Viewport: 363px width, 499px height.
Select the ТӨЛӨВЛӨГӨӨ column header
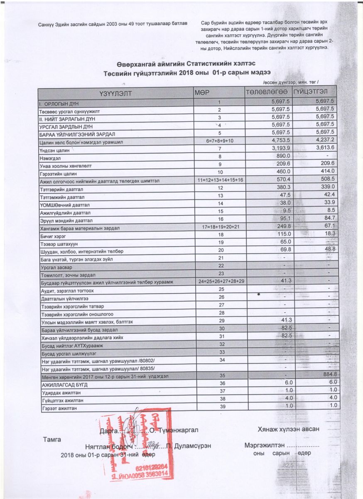pyautogui.click(x=267, y=92)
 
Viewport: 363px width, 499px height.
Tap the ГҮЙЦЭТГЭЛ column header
pyautogui.click(x=315, y=92)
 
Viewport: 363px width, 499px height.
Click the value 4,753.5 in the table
pyautogui.click(x=280, y=141)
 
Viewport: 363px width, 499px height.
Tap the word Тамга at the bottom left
pyautogui.click(x=52, y=440)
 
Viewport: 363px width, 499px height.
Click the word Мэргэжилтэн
pyautogui.click(x=264, y=445)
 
